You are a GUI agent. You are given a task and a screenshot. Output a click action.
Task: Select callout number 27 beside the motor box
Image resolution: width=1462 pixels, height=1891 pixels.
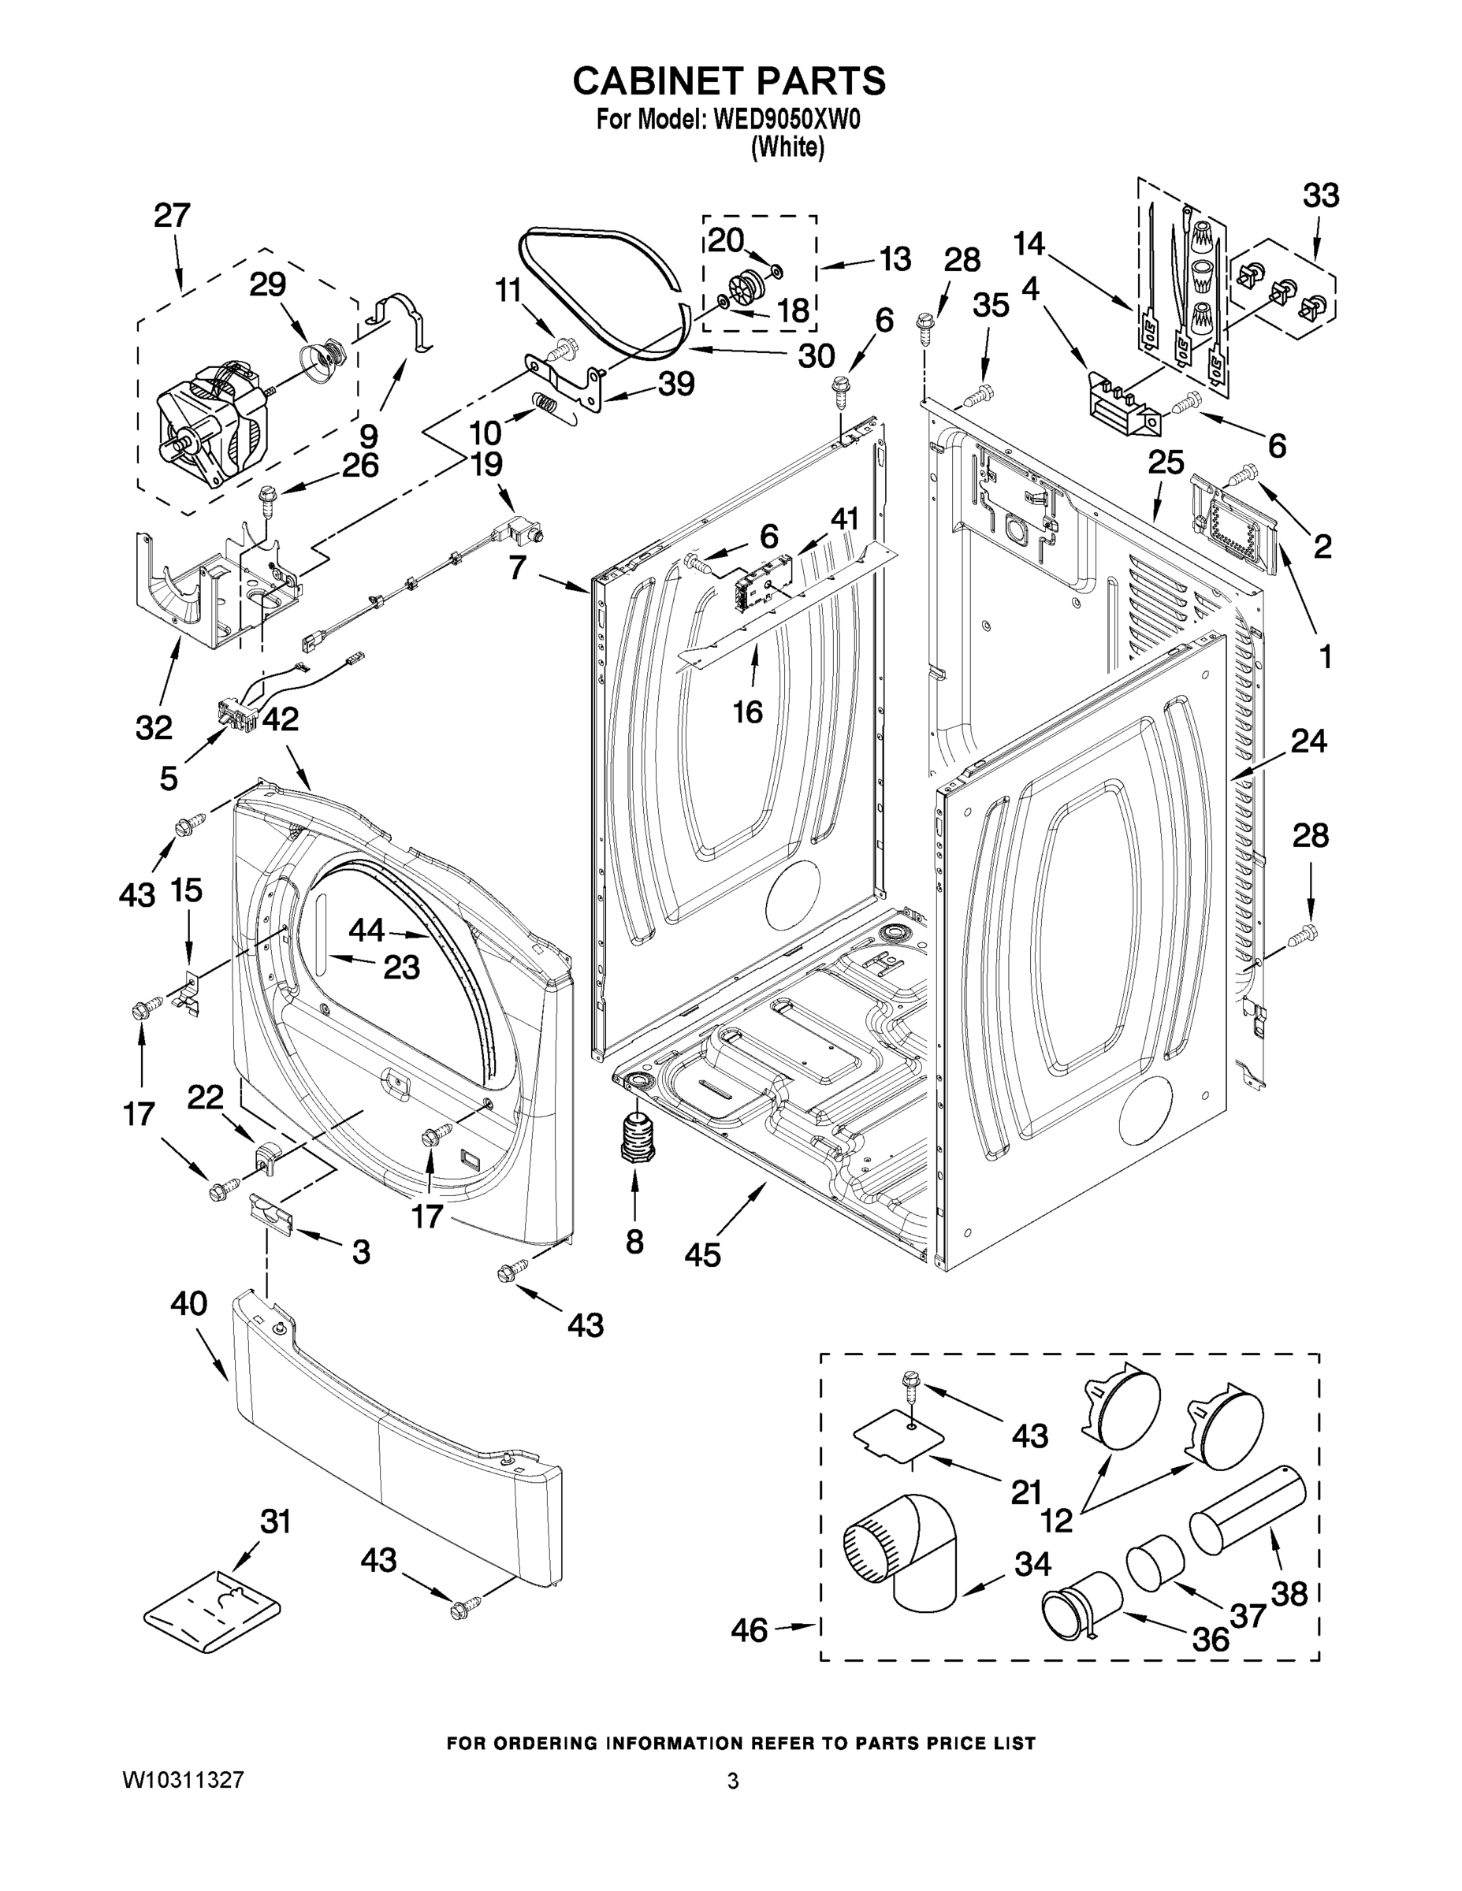coord(172,215)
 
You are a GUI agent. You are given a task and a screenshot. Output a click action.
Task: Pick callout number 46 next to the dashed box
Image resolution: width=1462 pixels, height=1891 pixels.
coord(748,1629)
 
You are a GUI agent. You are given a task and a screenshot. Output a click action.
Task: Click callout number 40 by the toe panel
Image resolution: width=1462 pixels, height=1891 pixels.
coord(189,1303)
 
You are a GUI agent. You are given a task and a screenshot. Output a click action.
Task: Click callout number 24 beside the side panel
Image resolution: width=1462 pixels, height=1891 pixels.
coord(1308,741)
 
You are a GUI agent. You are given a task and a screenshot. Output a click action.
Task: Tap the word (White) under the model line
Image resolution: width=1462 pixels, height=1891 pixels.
coord(787,147)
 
